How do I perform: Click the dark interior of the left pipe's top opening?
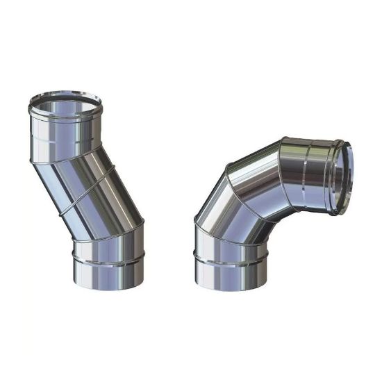point(66,104)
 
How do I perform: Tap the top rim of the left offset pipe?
point(66,94)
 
